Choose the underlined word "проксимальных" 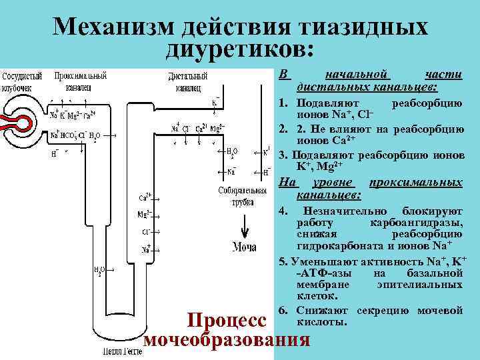[425, 183]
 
